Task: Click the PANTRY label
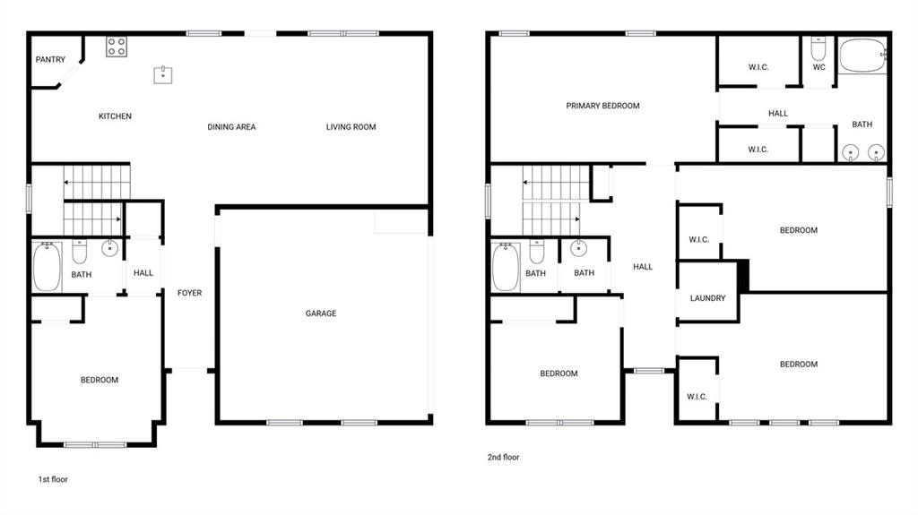[50, 60]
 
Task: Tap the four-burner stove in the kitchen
[117, 47]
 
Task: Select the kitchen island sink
[163, 75]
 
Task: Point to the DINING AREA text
[231, 127]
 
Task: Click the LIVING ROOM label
[351, 127]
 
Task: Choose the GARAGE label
[321, 313]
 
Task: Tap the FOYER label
[190, 293]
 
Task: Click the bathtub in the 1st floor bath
[47, 267]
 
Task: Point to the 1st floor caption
[53, 479]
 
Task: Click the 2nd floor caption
[504, 457]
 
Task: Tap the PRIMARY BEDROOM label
[602, 106]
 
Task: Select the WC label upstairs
[819, 67]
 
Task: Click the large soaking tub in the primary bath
[863, 56]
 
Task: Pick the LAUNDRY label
[707, 298]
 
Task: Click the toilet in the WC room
[818, 49]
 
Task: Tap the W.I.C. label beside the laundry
[698, 240]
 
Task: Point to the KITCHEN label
[115, 116]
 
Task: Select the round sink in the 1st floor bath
[109, 248]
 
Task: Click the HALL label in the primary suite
[778, 114]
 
